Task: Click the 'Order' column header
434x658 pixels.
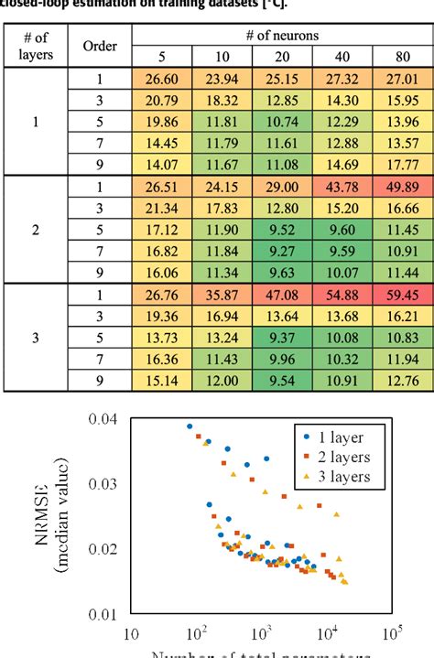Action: click(99, 47)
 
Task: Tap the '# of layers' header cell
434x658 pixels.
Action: click(37, 47)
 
